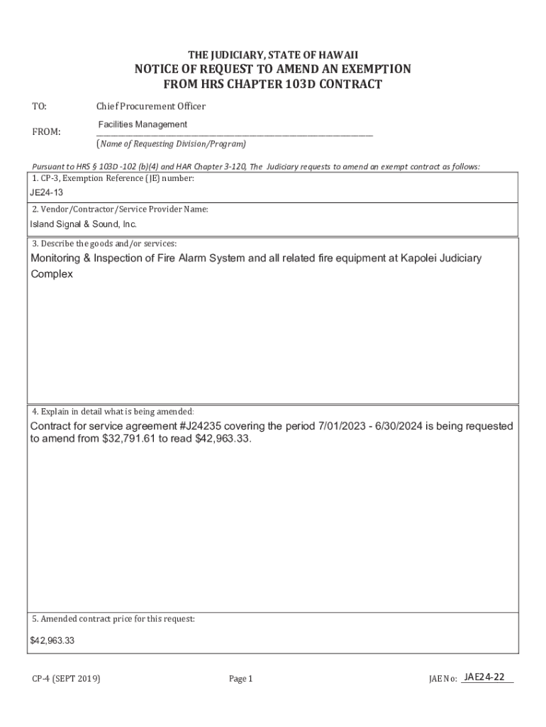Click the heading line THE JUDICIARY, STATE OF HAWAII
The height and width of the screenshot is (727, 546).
272,55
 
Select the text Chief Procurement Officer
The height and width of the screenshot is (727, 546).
150,106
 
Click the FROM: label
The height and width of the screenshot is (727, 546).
46,132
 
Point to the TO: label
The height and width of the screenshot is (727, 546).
39,106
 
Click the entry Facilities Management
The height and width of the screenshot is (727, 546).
142,125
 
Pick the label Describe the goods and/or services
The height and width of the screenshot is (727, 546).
104,244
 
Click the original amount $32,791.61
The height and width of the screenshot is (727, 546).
123,439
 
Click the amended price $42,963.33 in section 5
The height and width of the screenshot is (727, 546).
52,640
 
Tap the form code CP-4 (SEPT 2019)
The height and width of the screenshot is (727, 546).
65,679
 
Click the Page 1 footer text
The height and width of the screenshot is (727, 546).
240,679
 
